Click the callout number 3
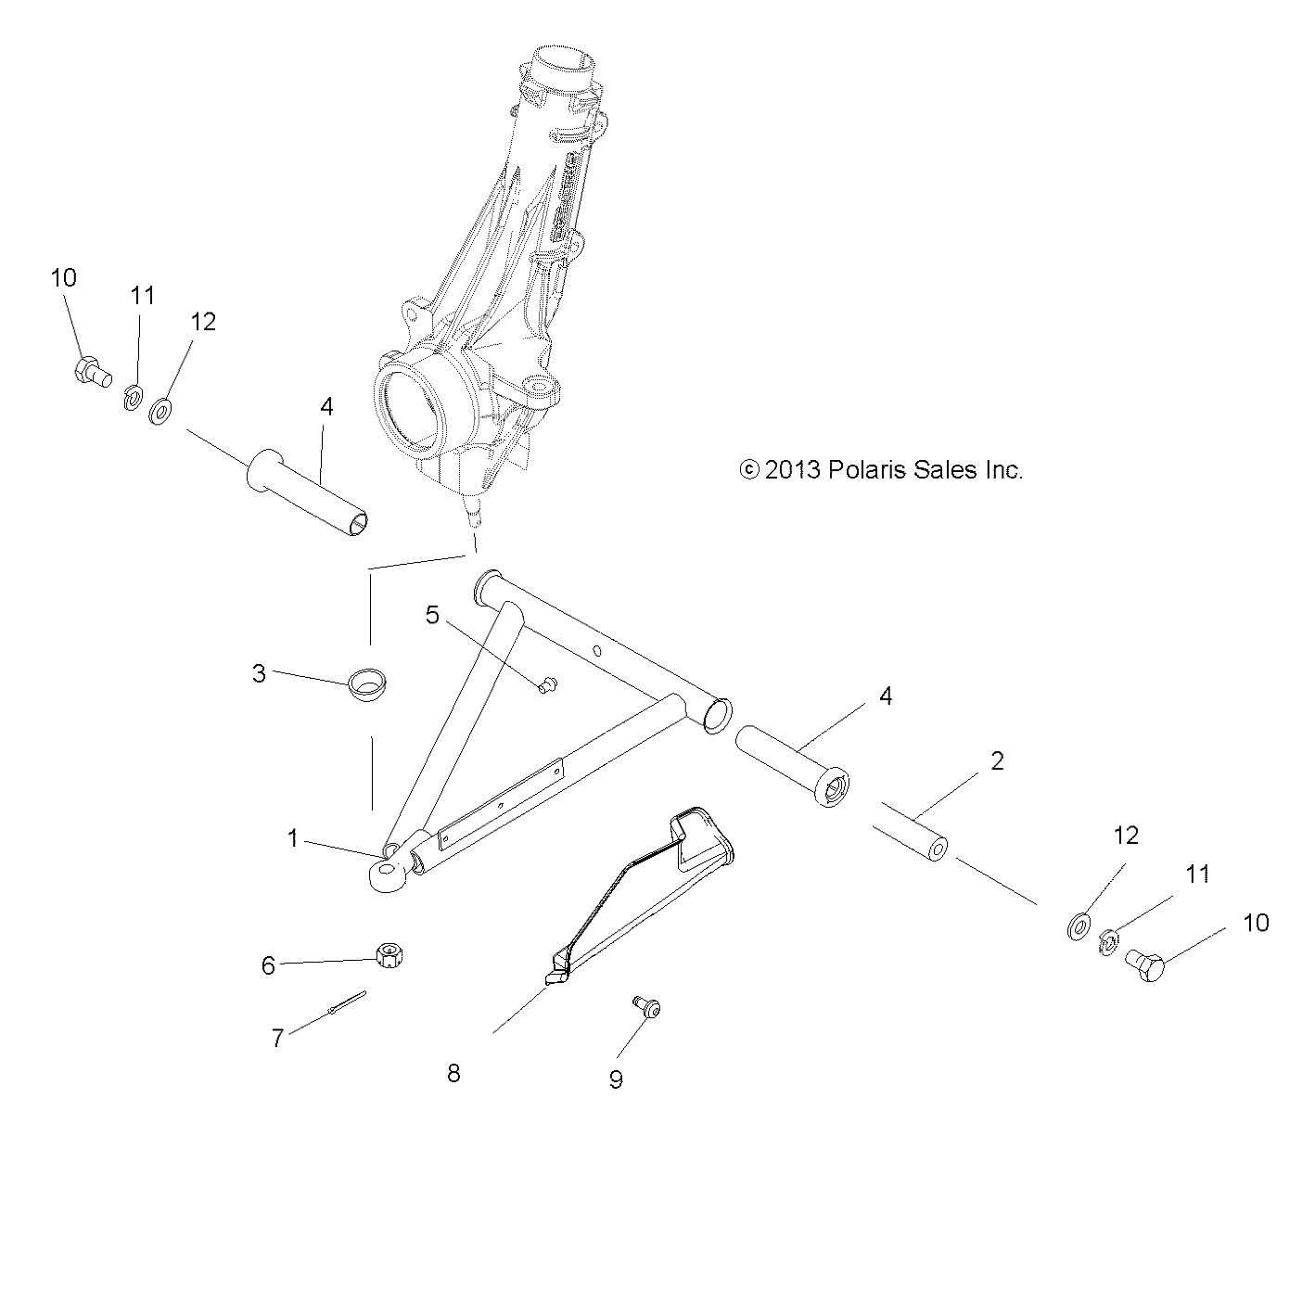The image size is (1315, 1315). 259,673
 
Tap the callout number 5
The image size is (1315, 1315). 432,615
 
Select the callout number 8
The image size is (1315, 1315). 453,1074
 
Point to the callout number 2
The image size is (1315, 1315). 997,760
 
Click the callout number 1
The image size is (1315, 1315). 293,838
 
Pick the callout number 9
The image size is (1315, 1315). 616,1079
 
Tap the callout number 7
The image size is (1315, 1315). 277,1038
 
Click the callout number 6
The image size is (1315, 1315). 268,965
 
